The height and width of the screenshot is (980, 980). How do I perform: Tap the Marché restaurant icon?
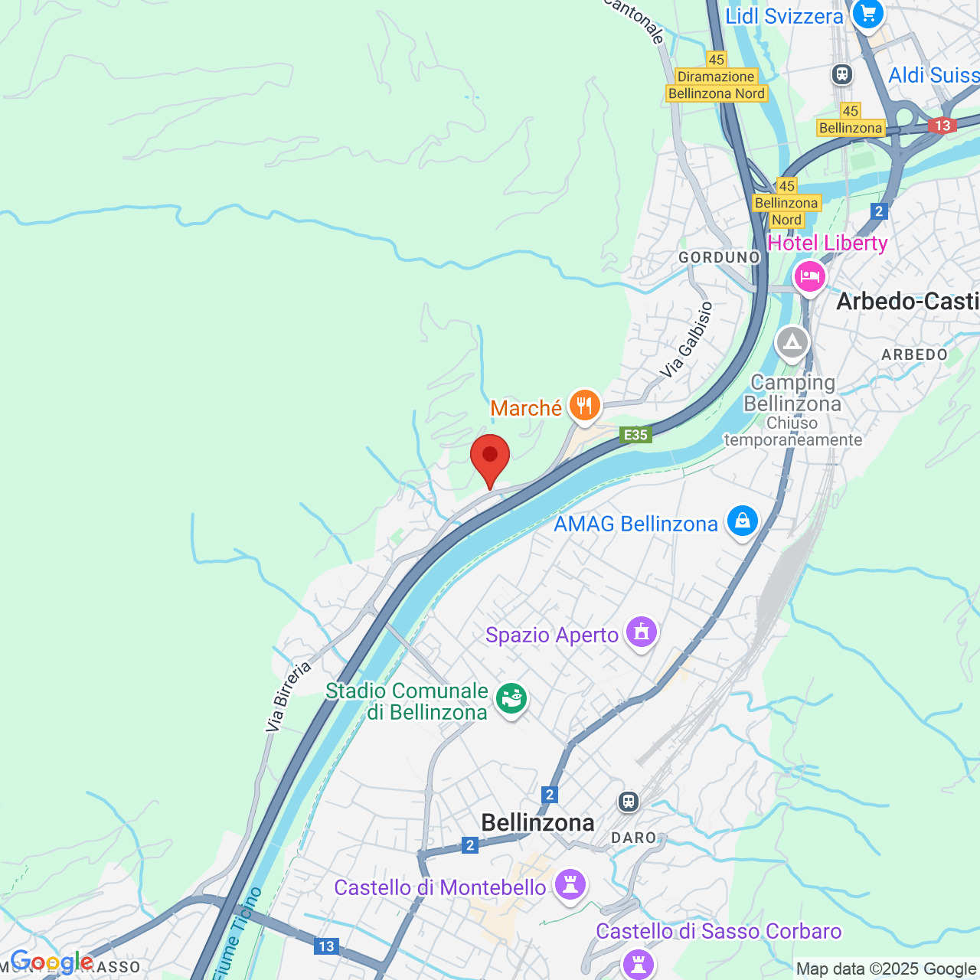584,405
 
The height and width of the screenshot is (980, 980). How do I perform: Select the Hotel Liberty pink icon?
809,276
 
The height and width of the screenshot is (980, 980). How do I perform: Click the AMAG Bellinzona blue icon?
742,521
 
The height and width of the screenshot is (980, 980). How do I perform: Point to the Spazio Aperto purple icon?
641,632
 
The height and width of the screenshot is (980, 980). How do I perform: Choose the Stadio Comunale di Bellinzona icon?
511,699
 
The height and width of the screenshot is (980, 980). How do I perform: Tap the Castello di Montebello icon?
570,885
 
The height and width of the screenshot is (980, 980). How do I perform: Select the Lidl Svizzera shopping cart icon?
867,14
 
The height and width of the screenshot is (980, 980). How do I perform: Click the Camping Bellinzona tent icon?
792,344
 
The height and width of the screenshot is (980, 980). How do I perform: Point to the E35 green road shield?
636,435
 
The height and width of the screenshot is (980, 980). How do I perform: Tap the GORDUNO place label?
719,257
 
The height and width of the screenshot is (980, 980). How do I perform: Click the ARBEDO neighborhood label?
914,354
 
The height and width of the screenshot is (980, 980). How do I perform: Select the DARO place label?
634,838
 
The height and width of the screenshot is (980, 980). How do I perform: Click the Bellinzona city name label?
537,822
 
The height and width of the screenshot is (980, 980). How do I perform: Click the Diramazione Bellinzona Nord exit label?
716,85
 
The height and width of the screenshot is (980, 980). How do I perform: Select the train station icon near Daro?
629,802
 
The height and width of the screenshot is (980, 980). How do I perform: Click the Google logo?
51,962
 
